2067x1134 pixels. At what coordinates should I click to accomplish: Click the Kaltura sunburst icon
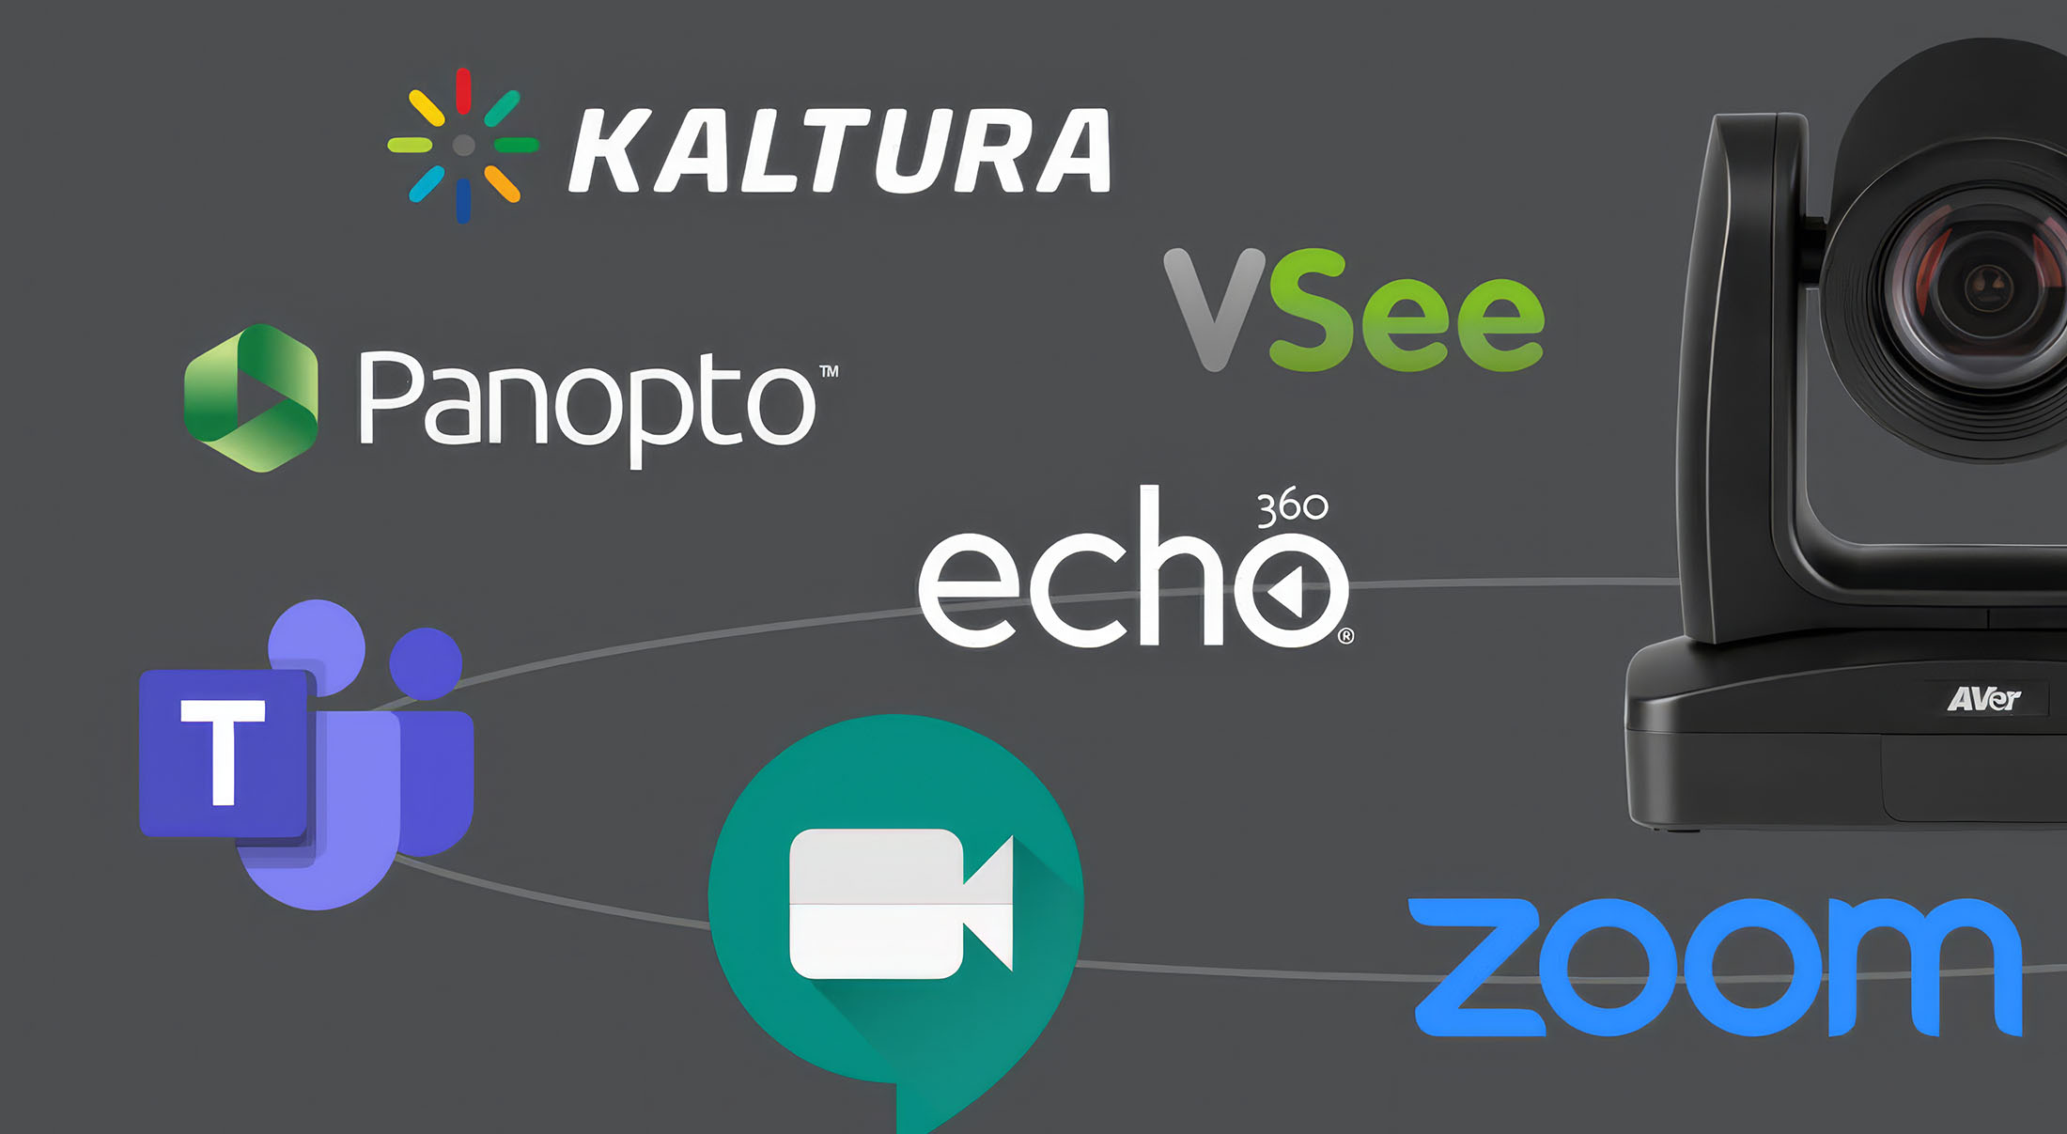pos(463,146)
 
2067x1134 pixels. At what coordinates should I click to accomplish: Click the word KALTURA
pos(840,150)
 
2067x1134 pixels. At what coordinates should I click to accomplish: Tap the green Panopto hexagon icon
pos(252,398)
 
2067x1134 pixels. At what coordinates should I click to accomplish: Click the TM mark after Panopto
pos(829,371)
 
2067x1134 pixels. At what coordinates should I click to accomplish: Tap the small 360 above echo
pos(1292,507)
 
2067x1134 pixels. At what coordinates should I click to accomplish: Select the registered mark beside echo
pos(1345,636)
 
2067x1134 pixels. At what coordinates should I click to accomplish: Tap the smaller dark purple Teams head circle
pos(426,663)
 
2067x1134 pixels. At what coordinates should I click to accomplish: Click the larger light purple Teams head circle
pos(317,647)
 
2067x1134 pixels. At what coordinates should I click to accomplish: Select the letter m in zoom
pos(1922,967)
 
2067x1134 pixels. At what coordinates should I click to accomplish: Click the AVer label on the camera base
pos(1983,699)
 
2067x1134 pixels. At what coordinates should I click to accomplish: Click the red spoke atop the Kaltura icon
pos(463,90)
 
